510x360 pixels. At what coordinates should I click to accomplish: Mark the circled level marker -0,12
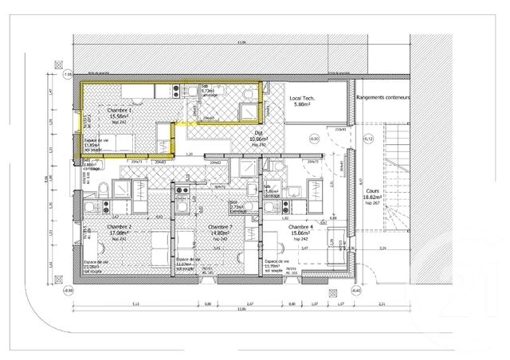coord(367,139)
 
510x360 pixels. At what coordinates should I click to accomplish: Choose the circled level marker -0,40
coord(356,291)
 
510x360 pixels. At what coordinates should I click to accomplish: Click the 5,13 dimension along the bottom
coord(135,304)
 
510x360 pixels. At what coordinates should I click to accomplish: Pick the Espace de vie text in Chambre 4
coord(277,262)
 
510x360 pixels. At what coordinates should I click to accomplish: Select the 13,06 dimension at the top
coord(241,43)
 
